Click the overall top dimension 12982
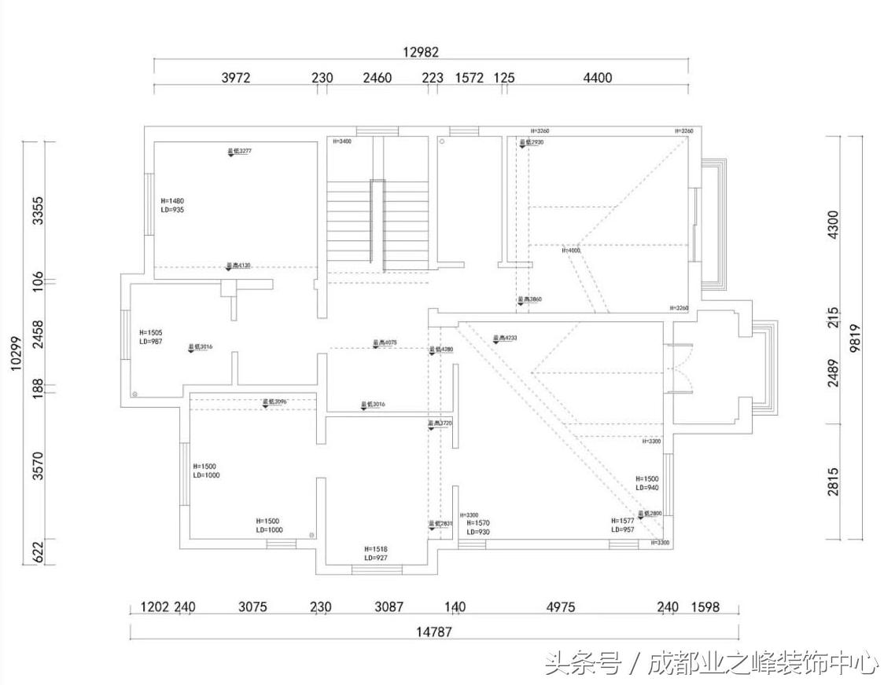click(421, 52)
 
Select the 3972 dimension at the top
click(236, 78)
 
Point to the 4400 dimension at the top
click(597, 78)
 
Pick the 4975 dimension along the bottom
click(560, 607)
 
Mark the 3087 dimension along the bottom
click(389, 607)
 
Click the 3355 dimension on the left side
click(37, 210)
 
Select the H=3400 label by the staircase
click(341, 142)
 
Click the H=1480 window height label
click(172, 201)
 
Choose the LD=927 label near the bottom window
click(376, 558)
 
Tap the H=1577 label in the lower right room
click(623, 520)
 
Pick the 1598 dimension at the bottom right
click(705, 607)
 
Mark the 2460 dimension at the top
click(377, 78)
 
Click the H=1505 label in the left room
click(150, 332)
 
